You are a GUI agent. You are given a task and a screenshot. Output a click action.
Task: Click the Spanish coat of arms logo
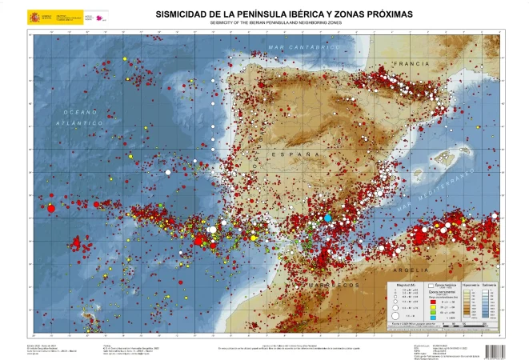tap(33, 16)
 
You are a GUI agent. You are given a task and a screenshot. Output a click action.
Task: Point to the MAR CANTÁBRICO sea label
tap(300, 48)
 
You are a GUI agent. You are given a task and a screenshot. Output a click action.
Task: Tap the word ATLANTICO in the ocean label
tap(79, 124)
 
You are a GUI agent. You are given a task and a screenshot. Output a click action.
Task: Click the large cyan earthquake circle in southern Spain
tap(327, 218)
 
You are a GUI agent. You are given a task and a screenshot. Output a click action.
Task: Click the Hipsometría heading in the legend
tap(470, 284)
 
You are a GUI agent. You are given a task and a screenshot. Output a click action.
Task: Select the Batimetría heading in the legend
tap(490, 284)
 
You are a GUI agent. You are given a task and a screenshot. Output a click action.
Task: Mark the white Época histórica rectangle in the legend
tap(433, 284)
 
